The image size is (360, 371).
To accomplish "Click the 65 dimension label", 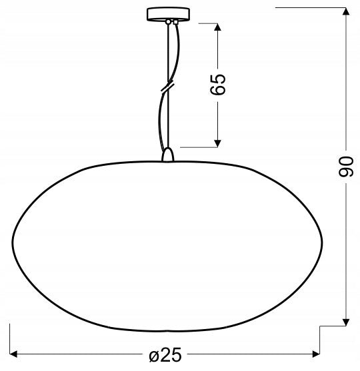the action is (218, 85).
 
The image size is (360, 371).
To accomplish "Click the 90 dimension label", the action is (346, 167).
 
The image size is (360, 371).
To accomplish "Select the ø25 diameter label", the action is (165, 354).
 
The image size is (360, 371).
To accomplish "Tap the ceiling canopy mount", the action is (168, 15).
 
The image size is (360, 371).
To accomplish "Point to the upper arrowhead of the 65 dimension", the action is (217, 27).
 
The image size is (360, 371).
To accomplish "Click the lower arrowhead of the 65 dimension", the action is (217, 143).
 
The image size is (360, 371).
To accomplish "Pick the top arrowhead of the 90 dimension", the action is (346, 11).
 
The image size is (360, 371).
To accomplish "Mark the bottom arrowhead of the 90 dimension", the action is (346, 322).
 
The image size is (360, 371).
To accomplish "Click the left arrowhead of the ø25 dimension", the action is (13, 354).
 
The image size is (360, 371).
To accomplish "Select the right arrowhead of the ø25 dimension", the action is (316, 354).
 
